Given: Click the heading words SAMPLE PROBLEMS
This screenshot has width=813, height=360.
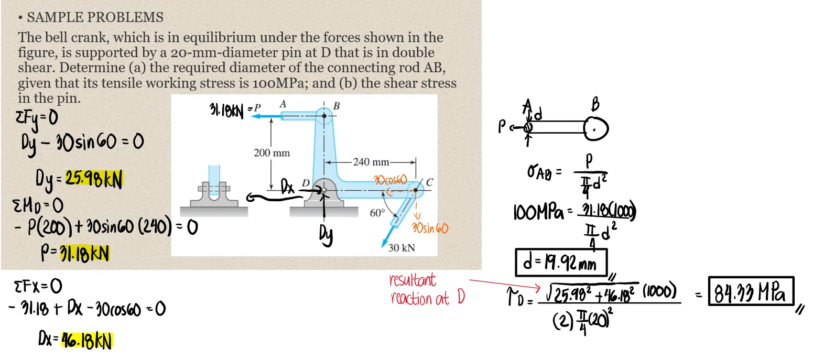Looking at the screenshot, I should click(x=95, y=17).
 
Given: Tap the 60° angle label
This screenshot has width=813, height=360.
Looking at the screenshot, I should click(x=377, y=213).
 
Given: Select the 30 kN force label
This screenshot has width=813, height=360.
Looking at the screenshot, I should click(x=402, y=247).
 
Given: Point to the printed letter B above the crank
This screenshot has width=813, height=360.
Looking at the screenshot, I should click(x=337, y=106).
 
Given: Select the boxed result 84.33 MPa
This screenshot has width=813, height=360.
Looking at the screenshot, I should click(x=751, y=291).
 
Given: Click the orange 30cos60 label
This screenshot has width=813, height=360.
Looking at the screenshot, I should click(x=390, y=181).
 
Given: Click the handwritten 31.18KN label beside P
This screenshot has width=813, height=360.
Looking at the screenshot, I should click(x=227, y=111).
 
